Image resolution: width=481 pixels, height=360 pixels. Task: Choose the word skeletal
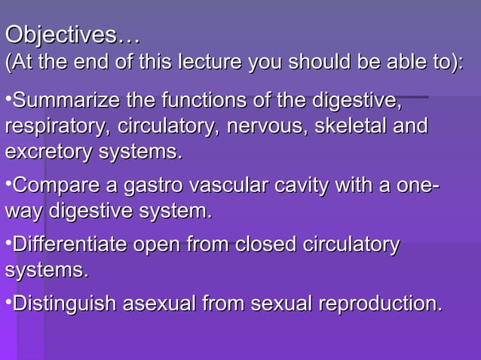(x=350, y=126)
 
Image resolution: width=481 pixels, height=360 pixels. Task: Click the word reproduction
(x=380, y=304)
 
